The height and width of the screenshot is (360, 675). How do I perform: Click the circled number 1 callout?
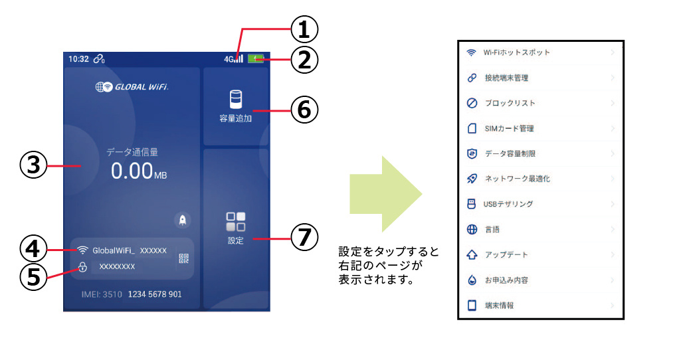tap(304, 30)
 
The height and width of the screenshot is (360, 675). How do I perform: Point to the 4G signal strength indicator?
tap(233, 58)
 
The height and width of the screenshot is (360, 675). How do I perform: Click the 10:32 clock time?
tap(78, 58)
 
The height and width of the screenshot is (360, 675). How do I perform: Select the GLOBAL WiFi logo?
tap(132, 86)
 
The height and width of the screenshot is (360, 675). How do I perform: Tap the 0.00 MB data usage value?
tap(139, 171)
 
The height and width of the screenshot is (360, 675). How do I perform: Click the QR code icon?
tap(184, 258)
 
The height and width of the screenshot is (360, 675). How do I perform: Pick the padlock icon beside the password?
tap(82, 267)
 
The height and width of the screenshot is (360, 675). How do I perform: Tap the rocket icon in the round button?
tap(183, 220)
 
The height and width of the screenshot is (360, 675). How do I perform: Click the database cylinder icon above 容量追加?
tap(235, 99)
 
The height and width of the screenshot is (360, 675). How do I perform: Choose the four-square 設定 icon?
tap(235, 221)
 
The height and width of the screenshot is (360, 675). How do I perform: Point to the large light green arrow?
tap(386, 194)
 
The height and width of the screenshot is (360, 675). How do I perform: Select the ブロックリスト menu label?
tap(510, 103)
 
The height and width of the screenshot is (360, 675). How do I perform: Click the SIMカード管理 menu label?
tap(510, 128)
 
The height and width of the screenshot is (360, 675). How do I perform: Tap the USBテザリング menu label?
tap(508, 204)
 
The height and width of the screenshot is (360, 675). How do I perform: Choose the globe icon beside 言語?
tap(472, 230)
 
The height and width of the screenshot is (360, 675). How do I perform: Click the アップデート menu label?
tap(506, 254)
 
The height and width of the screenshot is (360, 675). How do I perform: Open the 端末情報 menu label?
tap(500, 306)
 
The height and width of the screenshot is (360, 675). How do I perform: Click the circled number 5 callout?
tap(34, 276)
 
